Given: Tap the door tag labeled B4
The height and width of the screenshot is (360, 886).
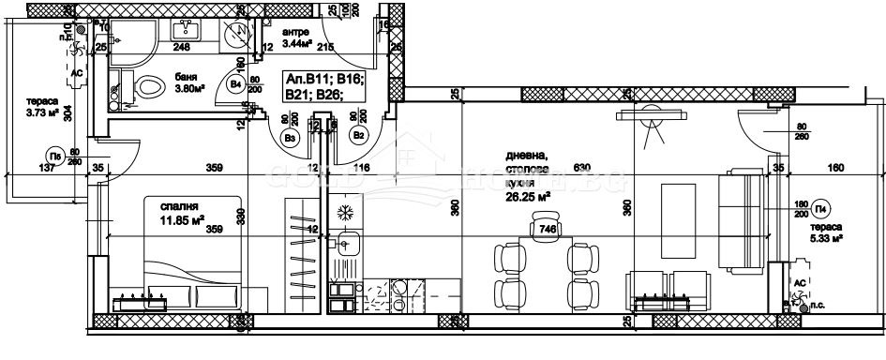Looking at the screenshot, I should pos(237,85).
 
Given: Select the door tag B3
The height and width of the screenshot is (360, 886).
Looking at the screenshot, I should pos(291,138).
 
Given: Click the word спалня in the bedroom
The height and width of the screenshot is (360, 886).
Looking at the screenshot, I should pos(177,207).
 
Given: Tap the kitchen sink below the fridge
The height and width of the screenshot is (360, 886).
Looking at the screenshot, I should pos(347,246).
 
